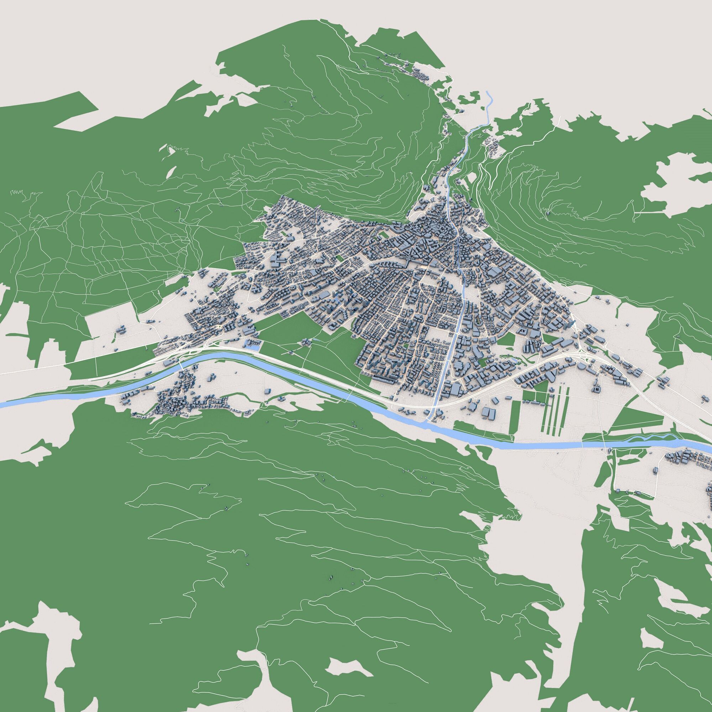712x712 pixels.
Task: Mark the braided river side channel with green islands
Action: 653,439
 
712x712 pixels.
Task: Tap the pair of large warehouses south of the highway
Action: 488,413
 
